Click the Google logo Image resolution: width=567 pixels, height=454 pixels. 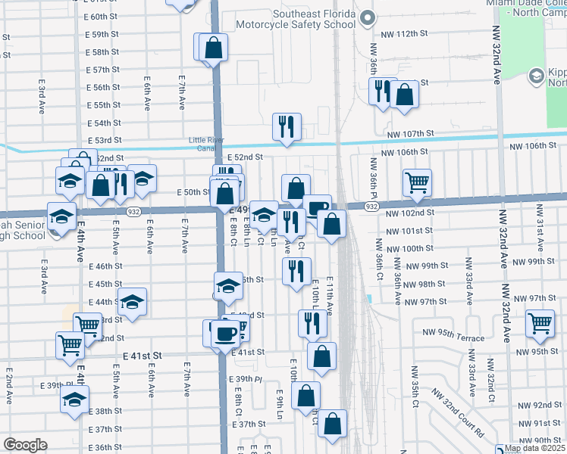tap(25, 445)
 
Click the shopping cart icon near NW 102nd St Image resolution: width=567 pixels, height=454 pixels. tap(417, 182)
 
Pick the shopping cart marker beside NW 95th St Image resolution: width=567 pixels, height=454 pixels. tap(541, 322)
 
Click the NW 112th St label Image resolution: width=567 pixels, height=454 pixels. tap(409, 34)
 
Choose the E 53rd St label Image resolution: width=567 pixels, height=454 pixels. tap(104, 140)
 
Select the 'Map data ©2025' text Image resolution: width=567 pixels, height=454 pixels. tap(534, 448)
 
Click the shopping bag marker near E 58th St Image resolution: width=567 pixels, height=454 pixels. tap(215, 48)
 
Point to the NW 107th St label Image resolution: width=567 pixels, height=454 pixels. tap(409, 133)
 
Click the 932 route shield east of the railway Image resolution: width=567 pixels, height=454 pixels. tap(371, 206)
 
